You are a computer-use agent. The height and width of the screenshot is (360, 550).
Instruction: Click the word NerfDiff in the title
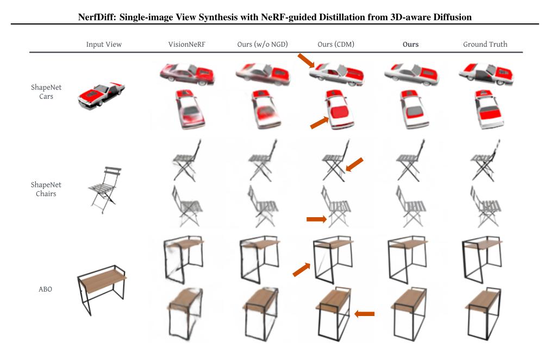point(97,17)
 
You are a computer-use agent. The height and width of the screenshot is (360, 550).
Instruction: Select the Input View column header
point(104,45)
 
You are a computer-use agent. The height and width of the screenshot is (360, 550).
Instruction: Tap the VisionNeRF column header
point(178,45)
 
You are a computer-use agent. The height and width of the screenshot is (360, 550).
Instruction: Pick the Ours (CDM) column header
point(335,45)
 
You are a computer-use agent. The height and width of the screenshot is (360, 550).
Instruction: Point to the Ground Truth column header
point(485,45)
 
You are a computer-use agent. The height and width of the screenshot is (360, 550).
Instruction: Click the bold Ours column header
point(410,45)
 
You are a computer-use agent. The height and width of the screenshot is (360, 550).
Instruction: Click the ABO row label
point(46,289)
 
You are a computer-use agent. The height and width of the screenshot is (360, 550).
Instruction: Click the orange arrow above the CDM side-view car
point(305,61)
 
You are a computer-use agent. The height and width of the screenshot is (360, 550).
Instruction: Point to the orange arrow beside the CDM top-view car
point(320,122)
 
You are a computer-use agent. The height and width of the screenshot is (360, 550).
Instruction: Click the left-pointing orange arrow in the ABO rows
point(364,313)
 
